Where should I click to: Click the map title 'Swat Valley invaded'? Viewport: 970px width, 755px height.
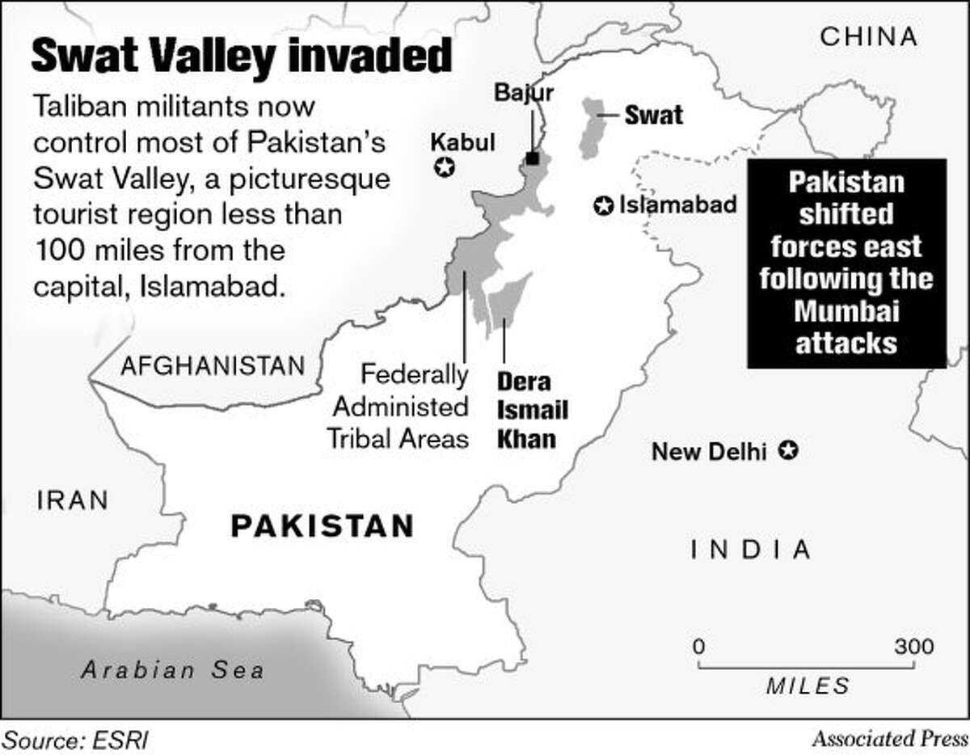pyautogui.click(x=240, y=58)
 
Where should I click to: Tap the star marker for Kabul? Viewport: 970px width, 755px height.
pyautogui.click(x=444, y=168)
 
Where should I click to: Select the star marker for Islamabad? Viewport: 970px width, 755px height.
pyautogui.click(x=602, y=206)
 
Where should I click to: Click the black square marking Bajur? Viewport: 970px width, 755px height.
pyautogui.click(x=533, y=158)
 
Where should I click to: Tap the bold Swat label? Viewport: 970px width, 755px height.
pyautogui.click(x=653, y=116)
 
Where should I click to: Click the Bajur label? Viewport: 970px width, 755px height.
pyautogui.click(x=525, y=93)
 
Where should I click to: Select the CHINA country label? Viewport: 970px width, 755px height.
pyautogui.click(x=869, y=36)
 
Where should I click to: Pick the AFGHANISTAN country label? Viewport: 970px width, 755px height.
pyautogui.click(x=213, y=366)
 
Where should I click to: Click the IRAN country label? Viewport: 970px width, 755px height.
pyautogui.click(x=73, y=500)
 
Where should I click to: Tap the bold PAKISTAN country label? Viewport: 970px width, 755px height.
pyautogui.click(x=323, y=526)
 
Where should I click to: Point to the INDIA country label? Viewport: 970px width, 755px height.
pyautogui.click(x=750, y=550)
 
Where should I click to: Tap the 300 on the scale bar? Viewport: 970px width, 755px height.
pyautogui.click(x=913, y=647)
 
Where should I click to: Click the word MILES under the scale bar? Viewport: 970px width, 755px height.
pyautogui.click(x=808, y=687)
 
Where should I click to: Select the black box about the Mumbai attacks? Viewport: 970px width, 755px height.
pyautogui.click(x=846, y=264)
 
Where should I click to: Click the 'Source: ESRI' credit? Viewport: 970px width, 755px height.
pyautogui.click(x=77, y=739)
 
